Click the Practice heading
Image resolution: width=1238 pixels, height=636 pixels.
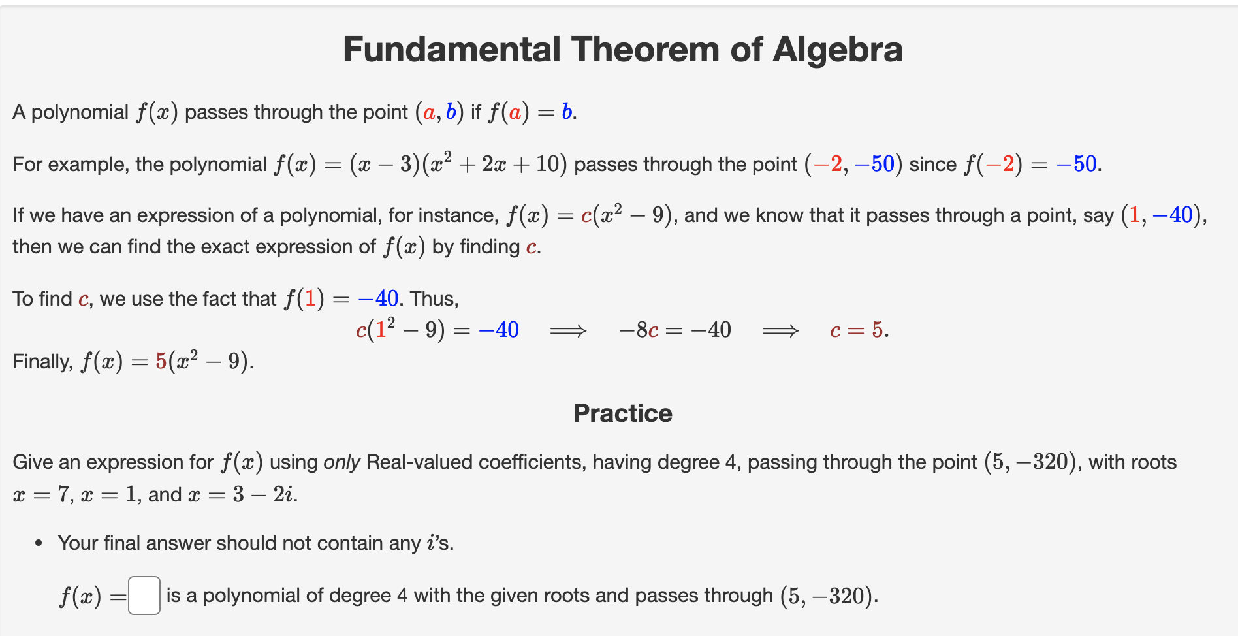622,413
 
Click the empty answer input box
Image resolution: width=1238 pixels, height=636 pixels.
144,596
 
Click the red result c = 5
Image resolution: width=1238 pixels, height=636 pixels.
859,330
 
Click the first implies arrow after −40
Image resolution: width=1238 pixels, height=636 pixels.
568,331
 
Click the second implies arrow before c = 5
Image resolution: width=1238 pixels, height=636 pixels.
780,331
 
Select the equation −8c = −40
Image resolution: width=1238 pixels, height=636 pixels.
675,330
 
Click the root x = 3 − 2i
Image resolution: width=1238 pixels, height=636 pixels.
242,495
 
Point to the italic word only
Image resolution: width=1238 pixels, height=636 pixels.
341,462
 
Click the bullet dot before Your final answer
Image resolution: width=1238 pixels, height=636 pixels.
39,543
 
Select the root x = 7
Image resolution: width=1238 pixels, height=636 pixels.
40,495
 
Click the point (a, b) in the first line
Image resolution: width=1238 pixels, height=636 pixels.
439,112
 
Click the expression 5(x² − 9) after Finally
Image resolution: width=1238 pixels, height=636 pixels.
204,361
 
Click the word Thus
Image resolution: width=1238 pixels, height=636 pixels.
434,299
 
